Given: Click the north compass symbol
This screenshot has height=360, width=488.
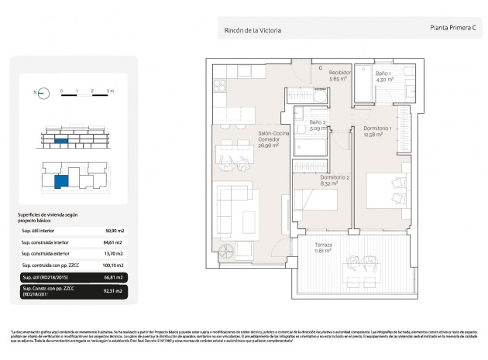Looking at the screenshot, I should (40, 93).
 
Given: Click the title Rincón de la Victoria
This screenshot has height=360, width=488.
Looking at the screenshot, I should (252, 30).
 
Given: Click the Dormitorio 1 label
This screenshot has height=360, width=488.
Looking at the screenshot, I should (378, 131).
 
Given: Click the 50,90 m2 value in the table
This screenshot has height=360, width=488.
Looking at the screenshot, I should (115, 231).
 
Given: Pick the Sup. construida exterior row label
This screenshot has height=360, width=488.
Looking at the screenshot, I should (50, 252).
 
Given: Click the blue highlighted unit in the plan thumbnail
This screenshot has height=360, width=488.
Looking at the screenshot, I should (60, 181).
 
